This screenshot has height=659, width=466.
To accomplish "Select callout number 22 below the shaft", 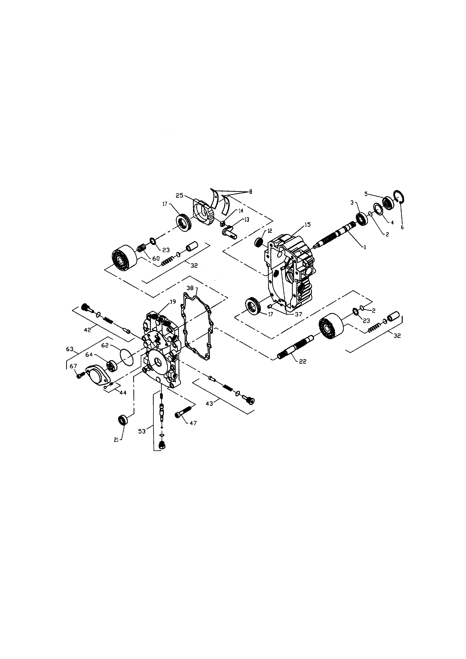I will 303,362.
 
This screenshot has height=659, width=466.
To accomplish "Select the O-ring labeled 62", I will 126,357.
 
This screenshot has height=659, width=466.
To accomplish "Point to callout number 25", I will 179,195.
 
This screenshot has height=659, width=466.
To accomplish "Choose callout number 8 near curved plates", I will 250,192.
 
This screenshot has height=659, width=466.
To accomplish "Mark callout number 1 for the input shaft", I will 365,247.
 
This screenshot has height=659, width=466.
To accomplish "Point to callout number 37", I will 298,314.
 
